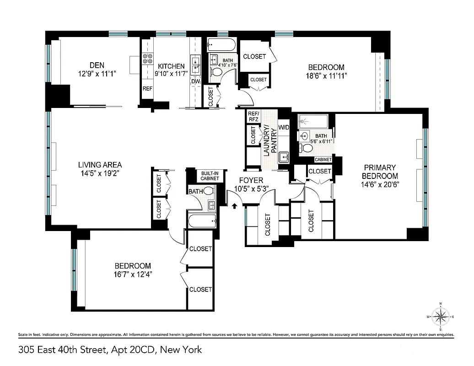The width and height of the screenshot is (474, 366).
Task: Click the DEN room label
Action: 97,65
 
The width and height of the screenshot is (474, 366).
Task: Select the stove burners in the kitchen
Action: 148,59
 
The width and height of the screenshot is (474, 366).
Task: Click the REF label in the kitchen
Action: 147,89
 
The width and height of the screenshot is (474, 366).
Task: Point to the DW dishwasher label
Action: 195,81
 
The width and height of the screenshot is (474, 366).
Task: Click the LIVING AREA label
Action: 100,165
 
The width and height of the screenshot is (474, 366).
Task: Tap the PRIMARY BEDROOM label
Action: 380,172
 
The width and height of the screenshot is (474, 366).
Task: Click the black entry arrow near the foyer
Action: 235,206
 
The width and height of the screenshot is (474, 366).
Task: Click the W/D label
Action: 284,127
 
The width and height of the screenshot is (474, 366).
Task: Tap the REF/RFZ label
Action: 253,116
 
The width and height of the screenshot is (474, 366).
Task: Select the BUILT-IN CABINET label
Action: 210,176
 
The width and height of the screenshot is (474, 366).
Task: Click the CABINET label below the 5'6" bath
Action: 323,160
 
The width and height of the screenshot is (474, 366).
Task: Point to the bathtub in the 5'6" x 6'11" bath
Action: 313,122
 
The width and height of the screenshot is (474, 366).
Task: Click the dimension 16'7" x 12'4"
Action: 133,274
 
